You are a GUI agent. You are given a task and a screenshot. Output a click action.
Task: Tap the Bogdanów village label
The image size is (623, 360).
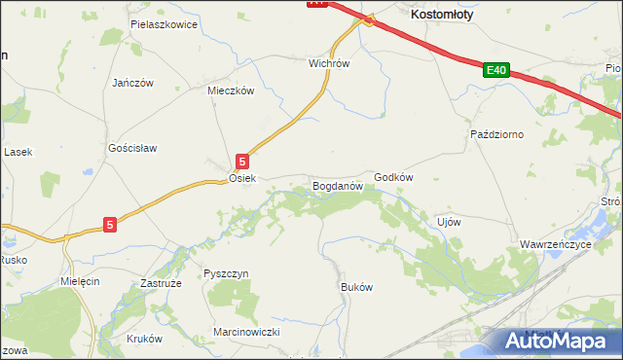(x=337, y=184)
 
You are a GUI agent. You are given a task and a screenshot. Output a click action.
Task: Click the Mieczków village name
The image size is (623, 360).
(x=231, y=90)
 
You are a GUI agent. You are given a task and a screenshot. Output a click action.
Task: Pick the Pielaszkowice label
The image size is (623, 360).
(x=164, y=23)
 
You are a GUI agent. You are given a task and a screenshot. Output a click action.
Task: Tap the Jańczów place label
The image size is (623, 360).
(x=133, y=83)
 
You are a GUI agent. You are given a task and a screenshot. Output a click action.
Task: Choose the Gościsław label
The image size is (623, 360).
(x=132, y=148)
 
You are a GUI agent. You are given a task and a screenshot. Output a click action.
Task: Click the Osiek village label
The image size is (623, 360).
(x=241, y=179)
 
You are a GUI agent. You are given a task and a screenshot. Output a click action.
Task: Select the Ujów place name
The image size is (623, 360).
(x=449, y=221)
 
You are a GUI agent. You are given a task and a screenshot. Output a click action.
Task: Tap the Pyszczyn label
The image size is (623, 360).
(x=227, y=274)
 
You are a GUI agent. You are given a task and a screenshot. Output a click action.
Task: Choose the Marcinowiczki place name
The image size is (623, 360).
(x=246, y=332)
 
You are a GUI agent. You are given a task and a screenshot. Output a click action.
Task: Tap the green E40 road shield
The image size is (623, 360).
(x=495, y=70)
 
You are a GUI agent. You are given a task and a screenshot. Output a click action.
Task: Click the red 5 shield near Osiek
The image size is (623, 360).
(x=242, y=161)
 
